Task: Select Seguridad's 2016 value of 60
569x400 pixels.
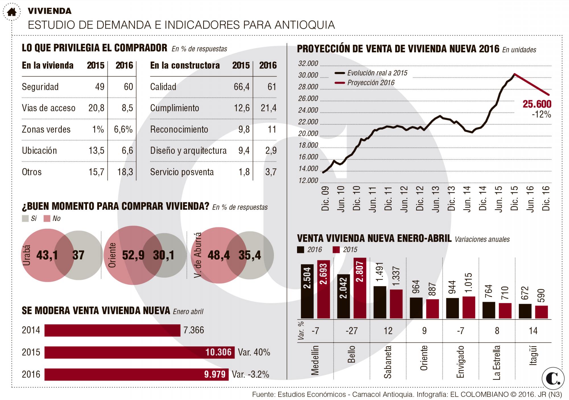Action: pyautogui.click(x=128, y=87)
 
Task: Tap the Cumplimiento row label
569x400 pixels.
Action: pyautogui.click(x=175, y=108)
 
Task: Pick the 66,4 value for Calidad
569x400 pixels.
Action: pyautogui.click(x=242, y=87)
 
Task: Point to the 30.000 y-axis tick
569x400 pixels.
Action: pyautogui.click(x=308, y=75)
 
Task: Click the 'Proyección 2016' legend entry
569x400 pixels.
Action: pyautogui.click(x=365, y=83)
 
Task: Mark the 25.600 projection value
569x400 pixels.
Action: pyautogui.click(x=537, y=104)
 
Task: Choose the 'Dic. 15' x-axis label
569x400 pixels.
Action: pyautogui.click(x=514, y=198)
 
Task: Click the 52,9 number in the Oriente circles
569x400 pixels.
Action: pyautogui.click(x=133, y=255)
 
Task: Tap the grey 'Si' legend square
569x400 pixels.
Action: pyautogui.click(x=25, y=219)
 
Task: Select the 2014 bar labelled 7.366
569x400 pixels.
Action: pyautogui.click(x=112, y=330)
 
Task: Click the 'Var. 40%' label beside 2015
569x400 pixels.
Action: pyautogui.click(x=254, y=352)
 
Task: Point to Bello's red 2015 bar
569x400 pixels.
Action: pyautogui.click(x=360, y=288)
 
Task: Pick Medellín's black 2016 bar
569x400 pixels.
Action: pyautogui.click(x=307, y=291)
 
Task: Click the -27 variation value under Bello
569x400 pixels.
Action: pyautogui.click(x=352, y=331)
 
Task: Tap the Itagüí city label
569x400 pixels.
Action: pyautogui.click(x=534, y=355)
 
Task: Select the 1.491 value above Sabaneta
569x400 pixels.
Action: pyautogui.click(x=380, y=274)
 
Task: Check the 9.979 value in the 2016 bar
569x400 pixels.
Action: pyautogui.click(x=215, y=374)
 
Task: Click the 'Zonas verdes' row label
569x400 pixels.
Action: pyautogui.click(x=46, y=130)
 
